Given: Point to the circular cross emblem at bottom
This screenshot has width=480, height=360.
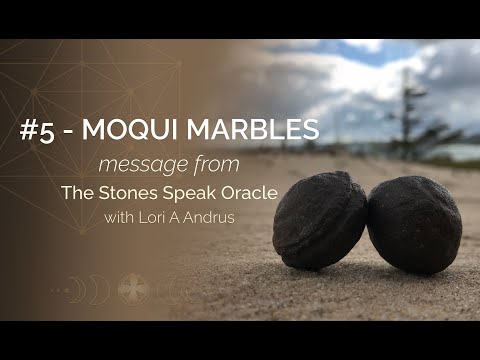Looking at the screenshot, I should [x=134, y=289].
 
